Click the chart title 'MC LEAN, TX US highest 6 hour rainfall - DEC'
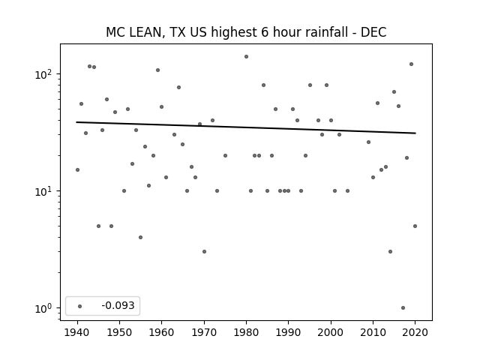pos(246,32)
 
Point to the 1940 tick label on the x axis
pos(77,332)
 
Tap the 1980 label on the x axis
pos(246,332)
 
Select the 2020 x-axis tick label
pos(415,332)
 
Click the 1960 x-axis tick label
pos(162,332)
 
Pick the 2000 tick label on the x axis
pos(331,332)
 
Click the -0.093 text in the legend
pos(118,305)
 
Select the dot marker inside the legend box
pos(80,306)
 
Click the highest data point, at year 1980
pos(246,57)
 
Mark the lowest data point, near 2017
pos(403,307)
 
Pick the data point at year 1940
pos(77,170)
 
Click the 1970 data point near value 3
pos(204,252)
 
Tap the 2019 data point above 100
pos(411,64)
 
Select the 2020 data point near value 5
pos(415,226)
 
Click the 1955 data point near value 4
pos(140,237)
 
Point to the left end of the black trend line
pos(76,122)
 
